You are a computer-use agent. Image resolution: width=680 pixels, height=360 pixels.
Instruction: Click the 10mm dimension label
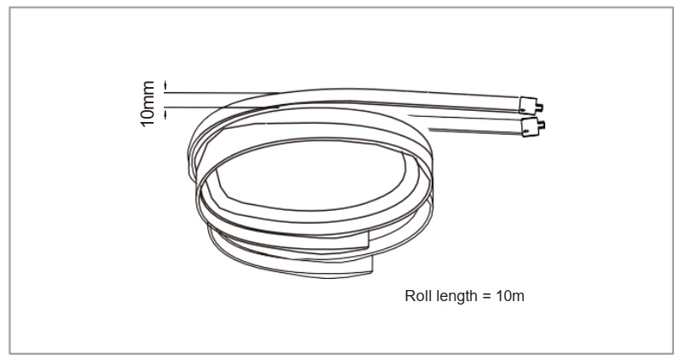coord(149,104)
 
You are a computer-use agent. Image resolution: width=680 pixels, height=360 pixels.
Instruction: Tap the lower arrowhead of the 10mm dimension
coord(166,110)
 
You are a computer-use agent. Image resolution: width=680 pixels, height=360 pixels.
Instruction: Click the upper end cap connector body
coord(527,105)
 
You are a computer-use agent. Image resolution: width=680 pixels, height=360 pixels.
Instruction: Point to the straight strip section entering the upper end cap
coord(444,101)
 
